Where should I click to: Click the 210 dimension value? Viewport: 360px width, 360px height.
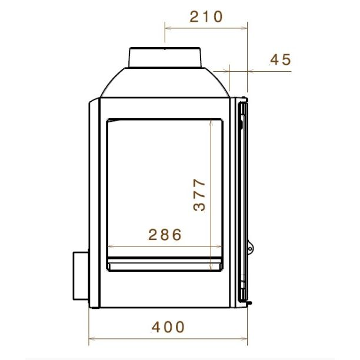click(206, 16)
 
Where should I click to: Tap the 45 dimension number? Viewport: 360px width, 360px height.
click(281, 59)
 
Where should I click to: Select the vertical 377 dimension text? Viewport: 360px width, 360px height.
click(199, 195)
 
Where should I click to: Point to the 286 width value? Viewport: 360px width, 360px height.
click(165, 235)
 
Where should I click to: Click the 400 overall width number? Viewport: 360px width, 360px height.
click(168, 327)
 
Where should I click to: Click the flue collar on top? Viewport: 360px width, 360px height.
click(165, 58)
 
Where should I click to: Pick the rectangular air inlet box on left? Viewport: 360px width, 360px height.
click(81, 276)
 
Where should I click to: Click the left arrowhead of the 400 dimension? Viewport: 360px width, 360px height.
click(91, 338)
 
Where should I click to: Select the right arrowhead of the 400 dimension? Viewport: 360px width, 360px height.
click(245, 338)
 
